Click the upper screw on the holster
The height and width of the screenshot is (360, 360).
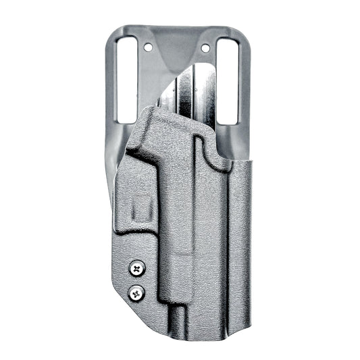click(138, 268)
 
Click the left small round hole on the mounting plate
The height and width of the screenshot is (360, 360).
click(149, 47)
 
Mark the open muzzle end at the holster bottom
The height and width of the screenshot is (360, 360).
click(178, 329)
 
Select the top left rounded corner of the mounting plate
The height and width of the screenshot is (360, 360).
click(115, 30)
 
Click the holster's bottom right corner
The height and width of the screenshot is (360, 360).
click(249, 323)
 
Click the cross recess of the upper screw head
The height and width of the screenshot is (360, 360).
click(138, 268)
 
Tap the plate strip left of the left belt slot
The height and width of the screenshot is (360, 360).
click(112, 81)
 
